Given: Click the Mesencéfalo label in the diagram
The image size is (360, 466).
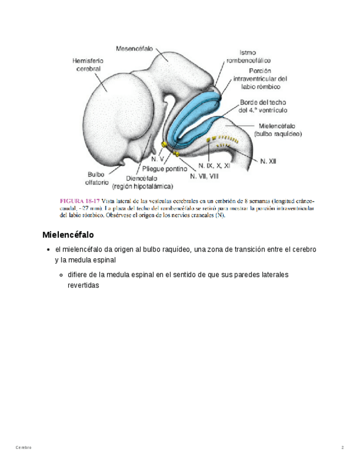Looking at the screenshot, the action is point(135,48).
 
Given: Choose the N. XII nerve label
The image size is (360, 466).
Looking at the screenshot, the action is point(268,162).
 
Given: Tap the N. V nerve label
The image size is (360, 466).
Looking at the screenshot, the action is point(157,158).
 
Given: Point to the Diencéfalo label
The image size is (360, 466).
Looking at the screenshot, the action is point(142,178).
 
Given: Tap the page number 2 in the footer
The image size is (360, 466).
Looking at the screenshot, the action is point(342,448).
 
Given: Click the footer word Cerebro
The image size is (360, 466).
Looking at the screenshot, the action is point(24,448).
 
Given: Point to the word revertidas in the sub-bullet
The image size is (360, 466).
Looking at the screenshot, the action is point(83,286).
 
